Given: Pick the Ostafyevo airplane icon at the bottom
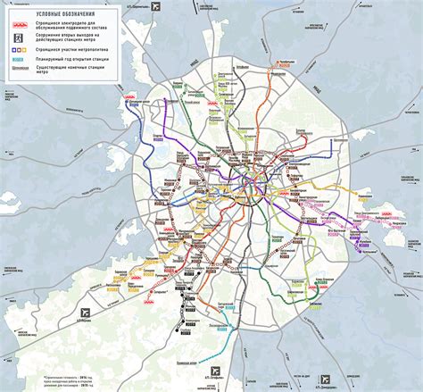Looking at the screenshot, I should point(211,368).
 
